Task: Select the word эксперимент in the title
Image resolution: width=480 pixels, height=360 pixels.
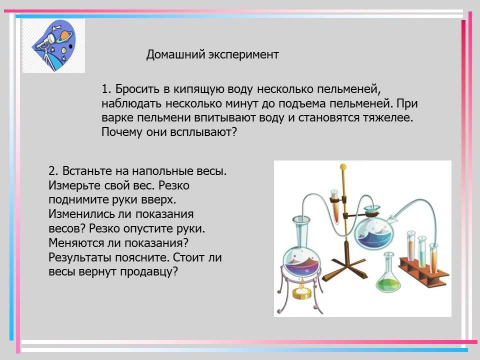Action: [243, 55]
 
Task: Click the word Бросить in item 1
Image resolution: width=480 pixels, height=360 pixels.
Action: [138, 89]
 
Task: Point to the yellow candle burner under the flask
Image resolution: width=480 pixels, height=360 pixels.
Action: [302, 292]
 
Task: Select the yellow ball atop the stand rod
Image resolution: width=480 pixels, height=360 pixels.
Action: [343, 167]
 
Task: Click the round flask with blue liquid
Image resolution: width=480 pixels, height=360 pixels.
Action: [373, 229]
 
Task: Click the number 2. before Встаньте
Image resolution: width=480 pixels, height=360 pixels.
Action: [53, 171]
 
